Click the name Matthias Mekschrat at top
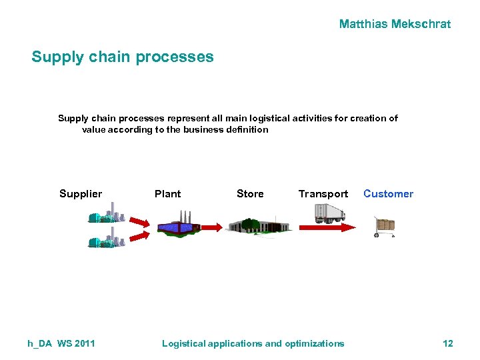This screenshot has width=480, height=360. (x=395, y=24)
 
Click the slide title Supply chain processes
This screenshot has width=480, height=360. (x=123, y=57)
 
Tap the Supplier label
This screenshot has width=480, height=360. (x=81, y=194)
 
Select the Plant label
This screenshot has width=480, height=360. (x=167, y=194)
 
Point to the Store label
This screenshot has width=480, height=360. (x=250, y=194)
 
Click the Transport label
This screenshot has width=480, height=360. (x=323, y=194)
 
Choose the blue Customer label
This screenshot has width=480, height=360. (x=388, y=194)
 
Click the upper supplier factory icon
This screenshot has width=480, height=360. (x=106, y=213)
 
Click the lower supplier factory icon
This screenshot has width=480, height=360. (x=106, y=237)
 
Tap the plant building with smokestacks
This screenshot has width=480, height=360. (x=178, y=223)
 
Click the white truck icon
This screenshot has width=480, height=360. (x=330, y=213)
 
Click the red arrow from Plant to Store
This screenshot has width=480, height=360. (x=212, y=227)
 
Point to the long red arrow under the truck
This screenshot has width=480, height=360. (x=327, y=227)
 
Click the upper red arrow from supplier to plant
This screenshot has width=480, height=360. (x=139, y=221)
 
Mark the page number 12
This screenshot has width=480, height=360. (x=447, y=343)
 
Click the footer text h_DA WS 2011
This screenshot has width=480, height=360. (x=61, y=343)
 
